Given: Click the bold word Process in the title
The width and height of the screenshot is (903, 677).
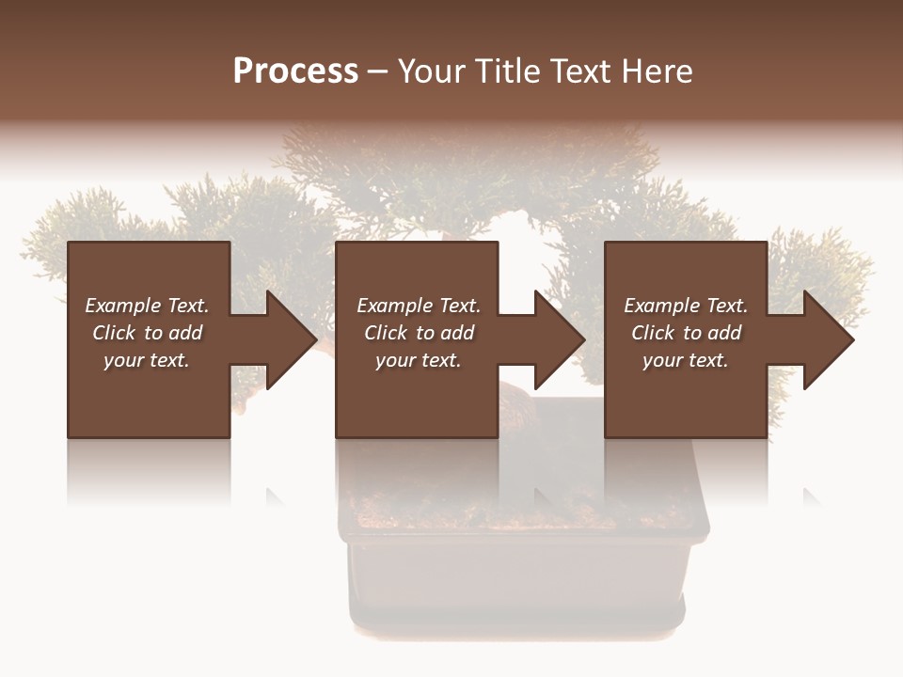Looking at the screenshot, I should point(295,71).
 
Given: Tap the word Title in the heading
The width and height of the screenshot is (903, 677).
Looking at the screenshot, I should point(509,71).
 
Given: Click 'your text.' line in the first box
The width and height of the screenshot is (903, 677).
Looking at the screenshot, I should point(147,360).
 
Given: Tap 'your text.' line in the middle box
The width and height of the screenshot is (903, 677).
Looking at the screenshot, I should point(419,360).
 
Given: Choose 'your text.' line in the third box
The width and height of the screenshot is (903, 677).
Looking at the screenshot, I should point(686,360).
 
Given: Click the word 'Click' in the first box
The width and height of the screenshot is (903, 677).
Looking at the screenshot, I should point(114,333).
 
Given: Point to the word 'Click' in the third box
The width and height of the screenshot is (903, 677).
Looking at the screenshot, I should point(653,333).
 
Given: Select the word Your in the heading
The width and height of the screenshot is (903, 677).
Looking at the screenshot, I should point(432,71).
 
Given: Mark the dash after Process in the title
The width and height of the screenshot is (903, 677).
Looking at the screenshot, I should point(378,71).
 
